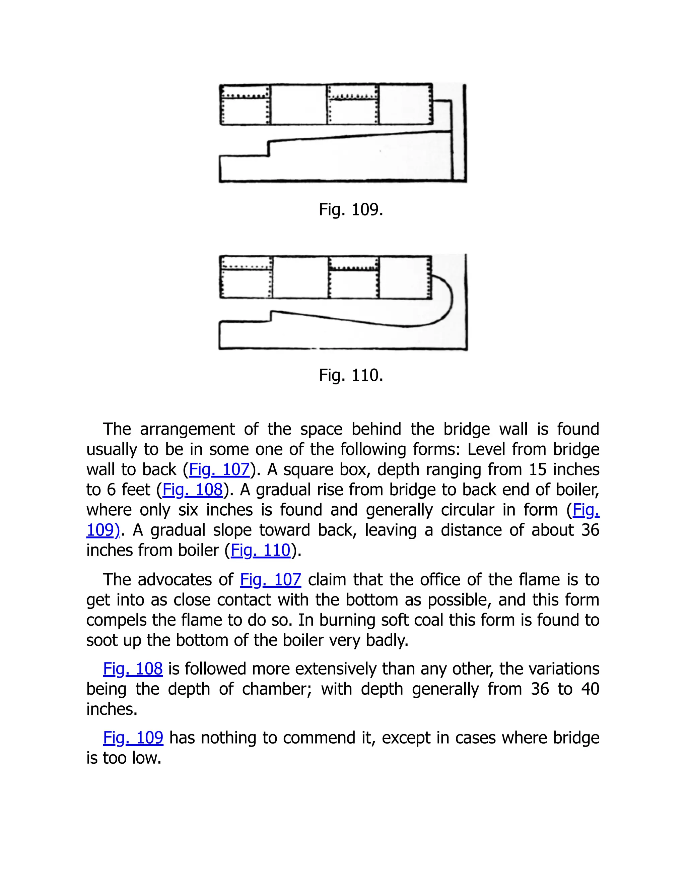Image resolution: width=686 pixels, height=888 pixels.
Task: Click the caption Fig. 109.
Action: [x=351, y=210]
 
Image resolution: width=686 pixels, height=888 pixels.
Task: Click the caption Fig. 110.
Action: [x=351, y=375]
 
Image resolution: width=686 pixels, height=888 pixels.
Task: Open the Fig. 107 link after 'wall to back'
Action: [x=219, y=469]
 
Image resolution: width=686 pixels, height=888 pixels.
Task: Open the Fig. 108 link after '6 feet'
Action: [x=193, y=490]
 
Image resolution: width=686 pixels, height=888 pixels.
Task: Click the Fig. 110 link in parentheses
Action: [x=261, y=550]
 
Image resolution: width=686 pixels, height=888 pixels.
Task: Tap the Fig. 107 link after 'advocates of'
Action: [x=271, y=580]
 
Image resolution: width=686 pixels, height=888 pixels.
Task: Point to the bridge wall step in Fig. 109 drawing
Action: [x=269, y=148]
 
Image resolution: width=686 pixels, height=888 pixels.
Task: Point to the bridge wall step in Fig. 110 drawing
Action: [x=271, y=317]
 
